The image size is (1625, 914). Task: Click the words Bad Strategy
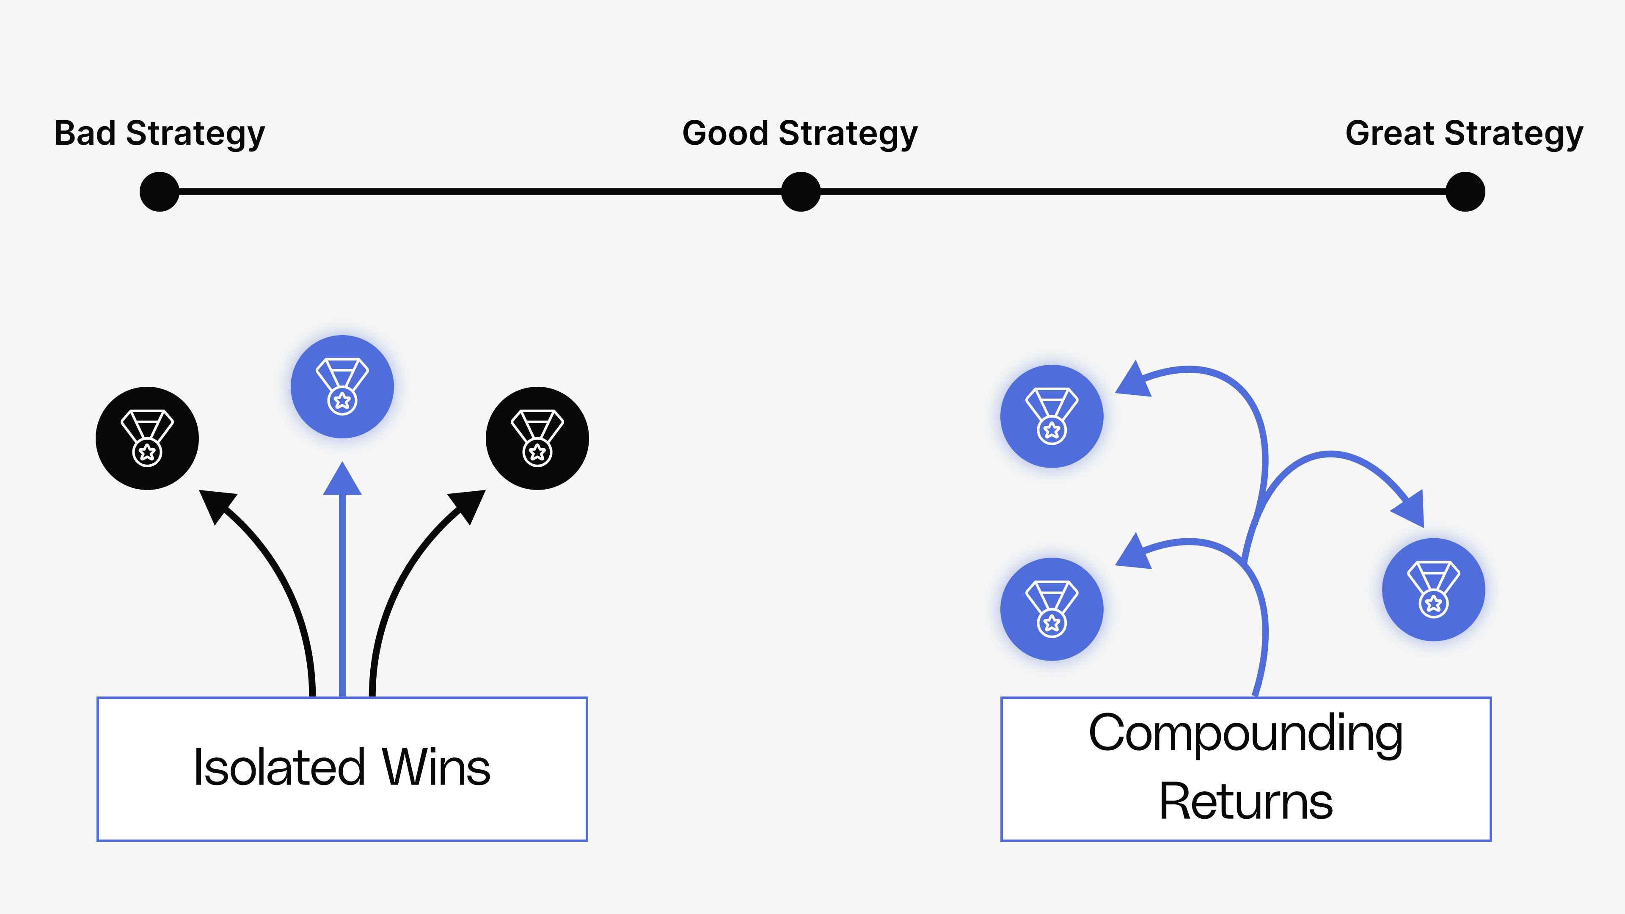160,133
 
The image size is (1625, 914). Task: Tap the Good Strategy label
800,133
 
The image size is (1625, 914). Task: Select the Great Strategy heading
1464,133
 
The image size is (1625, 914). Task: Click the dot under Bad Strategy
160,192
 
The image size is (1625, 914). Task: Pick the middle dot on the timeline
801,192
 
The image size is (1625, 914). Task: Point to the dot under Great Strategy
1465,192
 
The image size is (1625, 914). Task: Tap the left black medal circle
147,438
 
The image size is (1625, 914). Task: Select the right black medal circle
537,438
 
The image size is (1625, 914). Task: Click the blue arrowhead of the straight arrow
342,481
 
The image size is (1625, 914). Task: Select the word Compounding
1245,734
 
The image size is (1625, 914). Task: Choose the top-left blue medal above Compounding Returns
1052,416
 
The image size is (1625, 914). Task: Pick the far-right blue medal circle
1433,590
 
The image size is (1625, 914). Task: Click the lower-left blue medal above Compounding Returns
1052,609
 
